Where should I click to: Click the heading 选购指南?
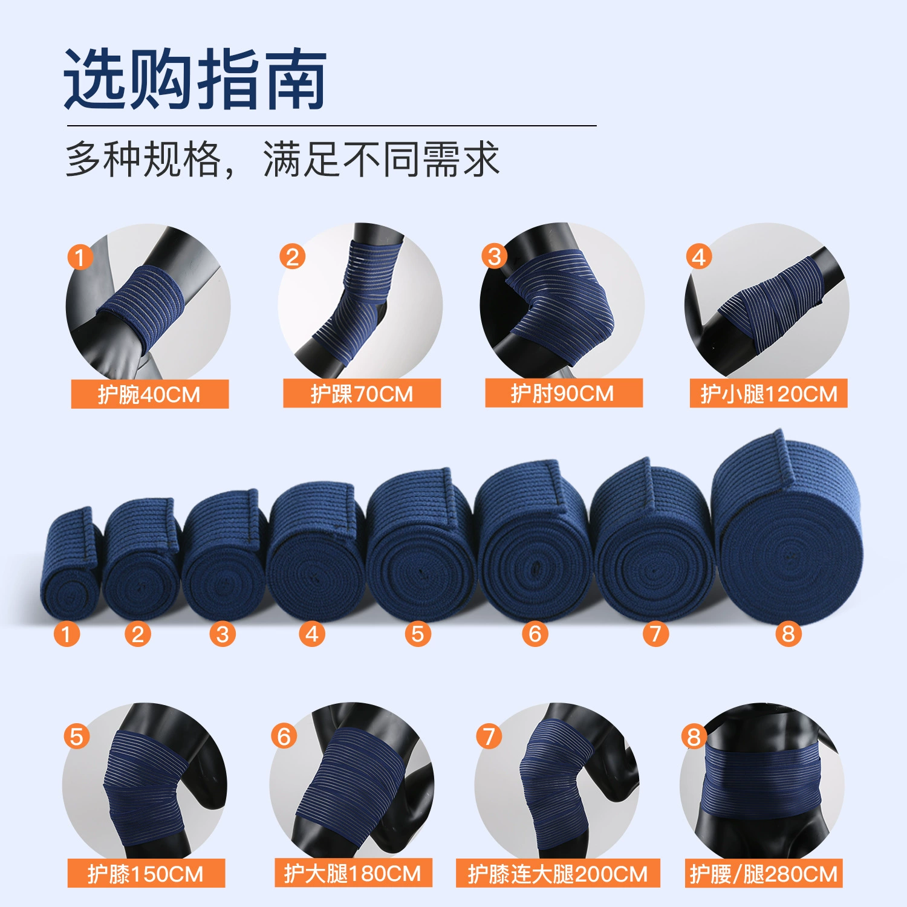tap(195, 79)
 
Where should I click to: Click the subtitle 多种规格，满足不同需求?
tap(282, 160)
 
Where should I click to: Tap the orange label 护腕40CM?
tap(149, 394)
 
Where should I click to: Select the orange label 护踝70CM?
tap(362, 394)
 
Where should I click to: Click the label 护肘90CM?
tap(564, 393)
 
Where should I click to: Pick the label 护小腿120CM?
tap(769, 394)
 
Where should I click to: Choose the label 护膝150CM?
tap(146, 874)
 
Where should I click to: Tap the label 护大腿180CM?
tap(353, 873)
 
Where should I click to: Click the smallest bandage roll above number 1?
tap(70, 564)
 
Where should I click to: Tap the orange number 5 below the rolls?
tap(418, 634)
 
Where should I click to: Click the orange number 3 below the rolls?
tap(223, 634)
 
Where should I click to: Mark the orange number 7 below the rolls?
tap(655, 634)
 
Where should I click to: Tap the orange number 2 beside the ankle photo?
tap(292, 257)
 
